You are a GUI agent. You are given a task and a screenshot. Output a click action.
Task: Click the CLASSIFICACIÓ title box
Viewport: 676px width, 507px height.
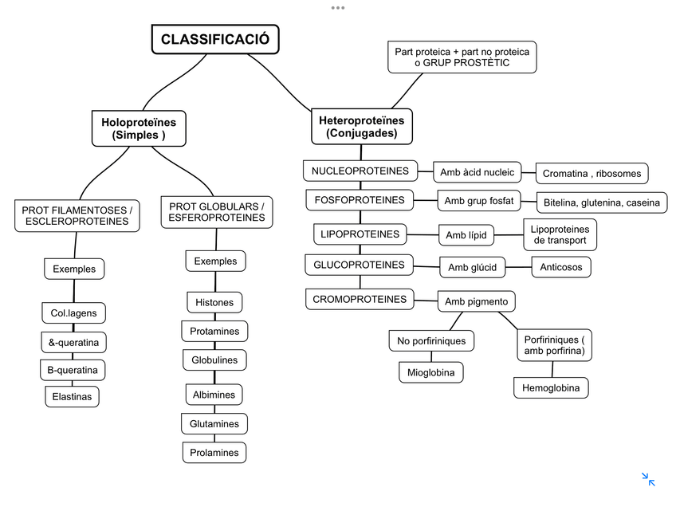point(215,39)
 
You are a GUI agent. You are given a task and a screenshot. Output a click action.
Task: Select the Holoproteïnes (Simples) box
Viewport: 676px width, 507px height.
point(139,128)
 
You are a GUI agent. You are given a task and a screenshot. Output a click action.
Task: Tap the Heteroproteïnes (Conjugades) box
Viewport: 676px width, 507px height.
point(361,127)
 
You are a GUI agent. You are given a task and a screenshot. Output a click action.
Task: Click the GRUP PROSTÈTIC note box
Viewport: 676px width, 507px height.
point(462,57)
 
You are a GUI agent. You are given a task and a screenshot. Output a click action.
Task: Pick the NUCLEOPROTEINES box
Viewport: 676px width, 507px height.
point(360,171)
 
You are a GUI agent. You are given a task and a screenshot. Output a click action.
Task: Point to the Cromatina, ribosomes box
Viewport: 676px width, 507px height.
point(591,173)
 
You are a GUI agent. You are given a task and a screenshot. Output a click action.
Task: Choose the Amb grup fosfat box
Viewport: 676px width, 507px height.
point(478,201)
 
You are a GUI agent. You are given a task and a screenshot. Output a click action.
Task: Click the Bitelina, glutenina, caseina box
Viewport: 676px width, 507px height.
point(601,202)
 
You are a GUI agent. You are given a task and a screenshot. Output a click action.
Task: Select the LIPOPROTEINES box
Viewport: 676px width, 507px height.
point(360,234)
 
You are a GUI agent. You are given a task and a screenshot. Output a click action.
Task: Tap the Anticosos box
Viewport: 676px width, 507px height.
point(561,267)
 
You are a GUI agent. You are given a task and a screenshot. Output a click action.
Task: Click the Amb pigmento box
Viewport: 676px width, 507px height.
point(477,301)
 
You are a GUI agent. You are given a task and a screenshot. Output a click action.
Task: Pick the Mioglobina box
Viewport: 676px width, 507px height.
point(430,371)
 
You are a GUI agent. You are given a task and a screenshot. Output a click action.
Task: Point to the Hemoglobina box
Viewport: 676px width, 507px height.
point(551,388)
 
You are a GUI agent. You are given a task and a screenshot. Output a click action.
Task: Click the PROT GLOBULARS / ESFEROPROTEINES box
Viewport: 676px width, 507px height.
point(217,211)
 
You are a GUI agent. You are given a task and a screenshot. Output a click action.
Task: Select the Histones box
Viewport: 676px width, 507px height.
point(214,302)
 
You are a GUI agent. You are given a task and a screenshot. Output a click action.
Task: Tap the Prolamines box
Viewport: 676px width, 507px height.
point(214,452)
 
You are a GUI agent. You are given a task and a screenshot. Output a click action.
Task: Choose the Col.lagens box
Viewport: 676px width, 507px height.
point(74,313)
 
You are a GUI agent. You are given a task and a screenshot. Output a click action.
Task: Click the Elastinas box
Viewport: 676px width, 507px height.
point(72,396)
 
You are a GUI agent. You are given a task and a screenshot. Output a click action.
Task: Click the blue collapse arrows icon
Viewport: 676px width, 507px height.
point(648,479)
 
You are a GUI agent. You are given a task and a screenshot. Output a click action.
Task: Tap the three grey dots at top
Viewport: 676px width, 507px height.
point(338,7)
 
